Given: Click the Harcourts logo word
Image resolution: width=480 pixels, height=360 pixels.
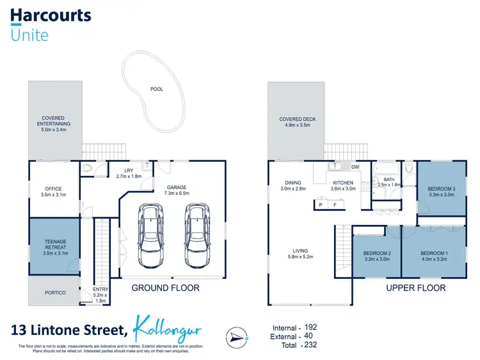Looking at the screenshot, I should (51, 15).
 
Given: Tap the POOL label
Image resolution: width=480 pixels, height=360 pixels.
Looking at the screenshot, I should (156, 89).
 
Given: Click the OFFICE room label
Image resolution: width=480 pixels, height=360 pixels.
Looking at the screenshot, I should (53, 189).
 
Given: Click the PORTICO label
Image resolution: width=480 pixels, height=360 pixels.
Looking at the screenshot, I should (55, 292).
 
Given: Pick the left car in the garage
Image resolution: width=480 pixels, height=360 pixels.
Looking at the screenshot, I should (151, 236).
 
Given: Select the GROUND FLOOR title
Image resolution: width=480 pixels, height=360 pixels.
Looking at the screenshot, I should (165, 288).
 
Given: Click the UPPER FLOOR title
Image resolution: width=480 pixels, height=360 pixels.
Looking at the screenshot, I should (415, 288).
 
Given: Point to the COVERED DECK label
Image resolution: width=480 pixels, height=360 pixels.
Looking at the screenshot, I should (298, 119).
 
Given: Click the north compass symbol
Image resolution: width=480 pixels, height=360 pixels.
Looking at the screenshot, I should (235, 336).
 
